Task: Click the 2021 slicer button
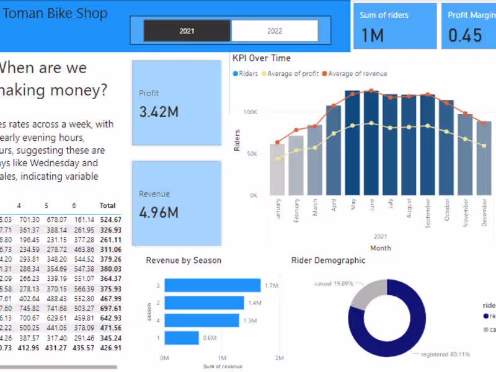coord(187,30)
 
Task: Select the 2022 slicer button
coord(275,30)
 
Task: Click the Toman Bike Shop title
coord(55,14)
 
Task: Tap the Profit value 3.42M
coord(159,112)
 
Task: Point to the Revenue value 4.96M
coord(159,213)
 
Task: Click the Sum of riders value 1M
coord(372,35)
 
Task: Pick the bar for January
coord(277,170)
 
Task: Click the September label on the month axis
coord(428,215)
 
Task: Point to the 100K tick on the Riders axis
coord(250,112)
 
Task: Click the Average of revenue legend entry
coord(358,74)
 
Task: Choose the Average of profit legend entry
coord(293,74)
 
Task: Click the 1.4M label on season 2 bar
coord(255,303)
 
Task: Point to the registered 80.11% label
coord(445,354)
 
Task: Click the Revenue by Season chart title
coord(184,260)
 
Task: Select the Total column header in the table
coord(108,205)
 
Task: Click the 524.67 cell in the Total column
coord(111,219)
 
